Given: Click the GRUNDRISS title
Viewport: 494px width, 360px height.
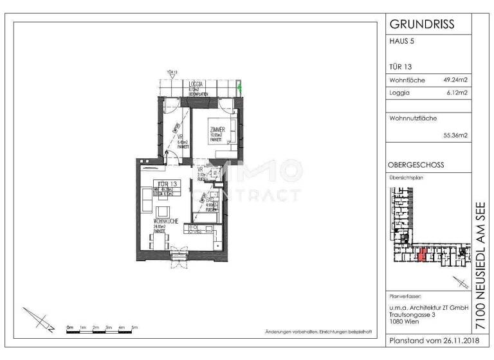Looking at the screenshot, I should pyautogui.click(x=422, y=24).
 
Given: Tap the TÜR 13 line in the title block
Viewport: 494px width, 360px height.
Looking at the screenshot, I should pyautogui.click(x=401, y=66).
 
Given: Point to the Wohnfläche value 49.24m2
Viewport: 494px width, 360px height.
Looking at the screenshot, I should pyautogui.click(x=455, y=80).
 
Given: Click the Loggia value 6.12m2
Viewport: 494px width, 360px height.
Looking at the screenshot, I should pyautogui.click(x=456, y=93).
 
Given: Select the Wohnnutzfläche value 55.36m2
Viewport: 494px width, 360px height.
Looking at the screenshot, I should pyautogui.click(x=455, y=136).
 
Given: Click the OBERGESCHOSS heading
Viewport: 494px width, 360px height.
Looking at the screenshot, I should pyautogui.click(x=416, y=165).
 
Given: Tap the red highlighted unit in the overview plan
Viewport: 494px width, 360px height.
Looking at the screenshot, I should pyautogui.click(x=422, y=255).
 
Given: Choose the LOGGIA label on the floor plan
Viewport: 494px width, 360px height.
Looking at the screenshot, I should pyautogui.click(x=196, y=84).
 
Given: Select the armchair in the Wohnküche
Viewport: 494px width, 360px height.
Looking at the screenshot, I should pyautogui.click(x=163, y=212).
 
